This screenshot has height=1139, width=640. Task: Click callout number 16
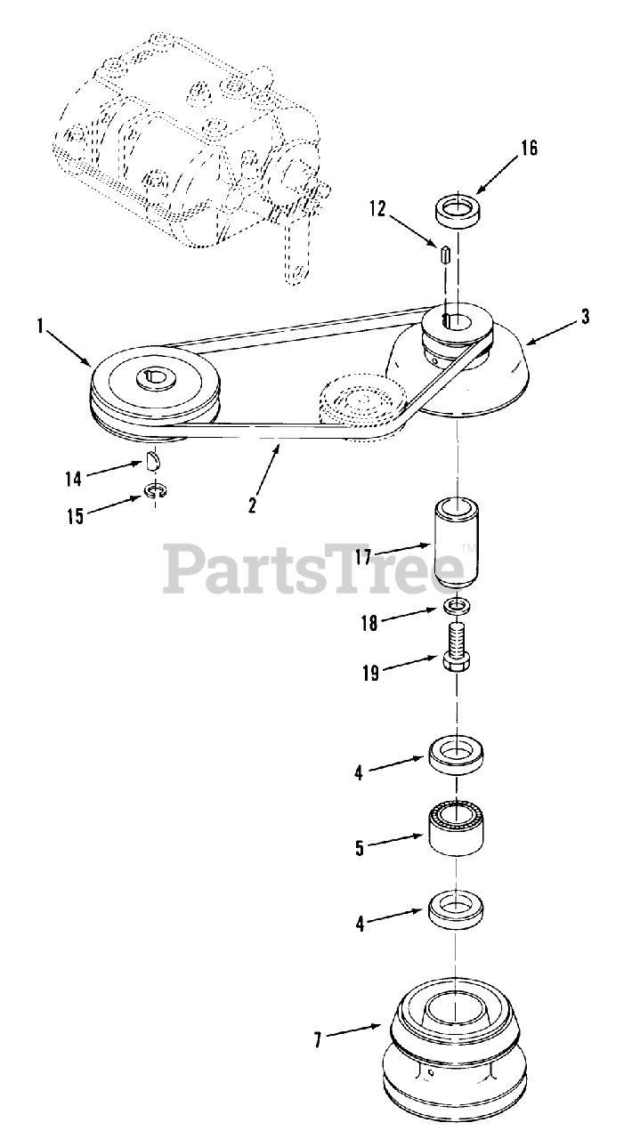529,149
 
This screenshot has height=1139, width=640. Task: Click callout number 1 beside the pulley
40,326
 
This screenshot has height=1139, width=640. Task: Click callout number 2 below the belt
253,504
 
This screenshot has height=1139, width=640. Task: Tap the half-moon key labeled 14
153,460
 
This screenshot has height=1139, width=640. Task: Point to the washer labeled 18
457,607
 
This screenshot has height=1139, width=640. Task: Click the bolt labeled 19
456,647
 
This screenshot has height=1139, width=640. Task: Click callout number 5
360,848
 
